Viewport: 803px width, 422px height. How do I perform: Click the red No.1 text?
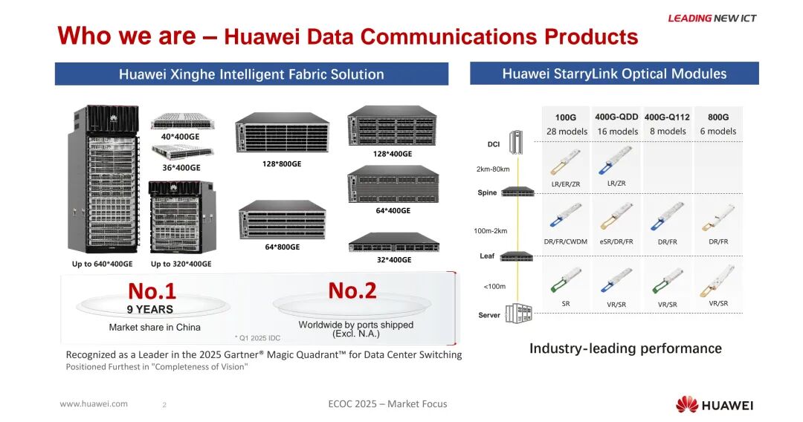click(x=152, y=290)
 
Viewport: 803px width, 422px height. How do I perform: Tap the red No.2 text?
click(x=352, y=290)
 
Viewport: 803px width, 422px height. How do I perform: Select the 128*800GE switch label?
click(x=281, y=163)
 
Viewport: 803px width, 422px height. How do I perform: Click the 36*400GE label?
click(x=181, y=168)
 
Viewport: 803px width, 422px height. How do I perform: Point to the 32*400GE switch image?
click(x=393, y=242)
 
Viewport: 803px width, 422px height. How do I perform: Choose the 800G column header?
click(x=718, y=117)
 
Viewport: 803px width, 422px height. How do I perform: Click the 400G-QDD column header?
click(x=616, y=117)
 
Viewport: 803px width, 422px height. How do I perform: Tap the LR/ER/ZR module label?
click(x=566, y=184)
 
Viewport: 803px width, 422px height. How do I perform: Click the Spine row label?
click(x=487, y=193)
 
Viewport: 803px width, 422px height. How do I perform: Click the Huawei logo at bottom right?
click(x=714, y=405)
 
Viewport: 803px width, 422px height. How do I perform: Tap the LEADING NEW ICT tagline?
click(x=712, y=19)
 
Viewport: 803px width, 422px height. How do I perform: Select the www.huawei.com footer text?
click(x=94, y=404)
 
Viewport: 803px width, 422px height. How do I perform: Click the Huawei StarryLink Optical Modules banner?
click(x=614, y=74)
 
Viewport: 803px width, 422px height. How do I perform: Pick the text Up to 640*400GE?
click(x=103, y=264)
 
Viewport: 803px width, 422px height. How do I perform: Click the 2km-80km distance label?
click(x=493, y=169)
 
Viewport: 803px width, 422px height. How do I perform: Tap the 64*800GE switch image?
click(x=283, y=220)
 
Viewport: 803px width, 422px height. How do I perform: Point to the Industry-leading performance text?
click(x=625, y=348)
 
